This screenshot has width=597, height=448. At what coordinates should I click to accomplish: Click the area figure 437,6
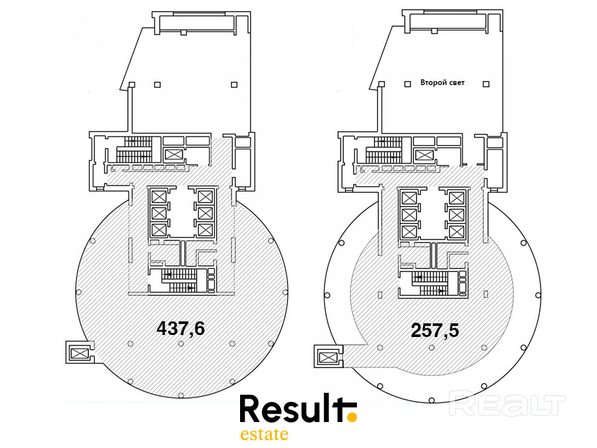(180, 328)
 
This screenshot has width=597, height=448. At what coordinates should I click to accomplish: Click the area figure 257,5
(435, 330)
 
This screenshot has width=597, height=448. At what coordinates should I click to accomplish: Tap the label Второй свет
(443, 82)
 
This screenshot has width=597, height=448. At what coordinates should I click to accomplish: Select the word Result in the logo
(291, 408)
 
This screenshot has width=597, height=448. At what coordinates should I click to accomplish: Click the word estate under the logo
(264, 434)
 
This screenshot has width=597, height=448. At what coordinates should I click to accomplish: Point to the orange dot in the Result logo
(352, 417)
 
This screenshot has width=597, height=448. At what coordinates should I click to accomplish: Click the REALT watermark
(507, 405)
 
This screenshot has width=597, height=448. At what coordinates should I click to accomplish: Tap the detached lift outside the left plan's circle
(80, 353)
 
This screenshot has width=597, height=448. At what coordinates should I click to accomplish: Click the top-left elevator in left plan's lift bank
(159, 197)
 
